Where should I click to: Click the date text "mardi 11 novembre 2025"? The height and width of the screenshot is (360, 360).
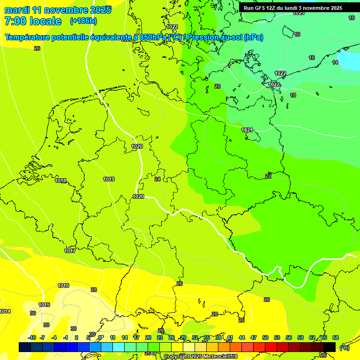pyautogui.click(x=58, y=10)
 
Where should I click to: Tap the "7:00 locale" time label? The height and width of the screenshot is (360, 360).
pyautogui.click(x=33, y=21)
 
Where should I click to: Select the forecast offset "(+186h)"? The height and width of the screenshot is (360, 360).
pyautogui.click(x=83, y=21)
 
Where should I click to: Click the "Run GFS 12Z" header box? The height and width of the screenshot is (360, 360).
pyautogui.click(x=292, y=8)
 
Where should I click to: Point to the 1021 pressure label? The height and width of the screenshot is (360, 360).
pyautogui.click(x=247, y=130)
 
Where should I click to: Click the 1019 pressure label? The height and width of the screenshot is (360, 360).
pyautogui.click(x=109, y=179)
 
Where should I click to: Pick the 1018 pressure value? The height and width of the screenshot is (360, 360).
pyautogui.click(x=60, y=181)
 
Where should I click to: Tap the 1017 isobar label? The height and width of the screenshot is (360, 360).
pyautogui.click(x=70, y=251)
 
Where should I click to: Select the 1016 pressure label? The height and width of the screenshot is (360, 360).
pyautogui.click(x=63, y=286)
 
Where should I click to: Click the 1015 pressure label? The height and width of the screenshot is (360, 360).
pyautogui.click(x=44, y=305)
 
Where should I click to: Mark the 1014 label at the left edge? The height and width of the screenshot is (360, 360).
pyautogui.click(x=5, y=312)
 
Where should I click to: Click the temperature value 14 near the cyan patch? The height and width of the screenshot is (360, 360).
pyautogui.click(x=335, y=63)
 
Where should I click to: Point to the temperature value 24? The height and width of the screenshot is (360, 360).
pyautogui.click(x=157, y=179)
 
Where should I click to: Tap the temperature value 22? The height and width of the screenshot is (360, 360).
pyautogui.click(x=268, y=176)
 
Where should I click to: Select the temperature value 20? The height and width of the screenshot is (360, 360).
pyautogui.click(x=217, y=86)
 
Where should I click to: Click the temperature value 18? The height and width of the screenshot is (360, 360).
pyautogui.click(x=293, y=95)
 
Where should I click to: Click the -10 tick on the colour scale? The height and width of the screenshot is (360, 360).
pyautogui.click(x=32, y=337)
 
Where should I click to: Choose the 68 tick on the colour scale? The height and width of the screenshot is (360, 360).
pyautogui.click(x=335, y=337)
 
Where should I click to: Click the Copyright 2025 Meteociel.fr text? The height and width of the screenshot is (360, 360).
pyautogui.click(x=201, y=356)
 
